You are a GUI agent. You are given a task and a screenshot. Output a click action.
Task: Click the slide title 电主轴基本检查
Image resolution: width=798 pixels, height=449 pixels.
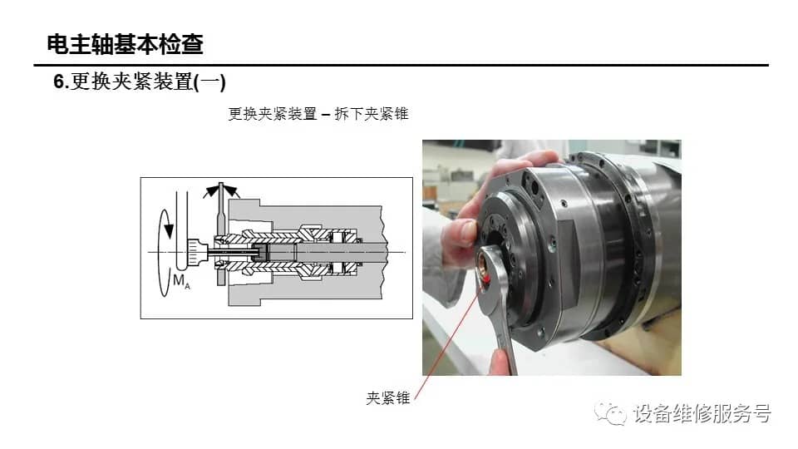pos(126,44)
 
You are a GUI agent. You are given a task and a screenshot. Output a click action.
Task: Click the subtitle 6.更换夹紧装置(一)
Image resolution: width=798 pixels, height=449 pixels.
pos(140,81)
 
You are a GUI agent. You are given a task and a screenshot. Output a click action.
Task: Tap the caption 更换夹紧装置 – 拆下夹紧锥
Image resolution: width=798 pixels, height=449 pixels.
pos(318,114)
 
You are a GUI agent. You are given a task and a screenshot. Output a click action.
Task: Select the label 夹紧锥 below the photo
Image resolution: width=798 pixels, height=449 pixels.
pos(388,397)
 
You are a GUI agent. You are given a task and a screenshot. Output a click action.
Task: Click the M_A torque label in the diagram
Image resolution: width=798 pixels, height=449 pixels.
pos(181,281)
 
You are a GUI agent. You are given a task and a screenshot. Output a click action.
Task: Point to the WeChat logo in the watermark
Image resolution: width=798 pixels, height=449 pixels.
pos(610,413)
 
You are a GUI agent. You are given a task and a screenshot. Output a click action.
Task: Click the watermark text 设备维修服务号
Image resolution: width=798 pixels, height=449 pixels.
pos(702,413)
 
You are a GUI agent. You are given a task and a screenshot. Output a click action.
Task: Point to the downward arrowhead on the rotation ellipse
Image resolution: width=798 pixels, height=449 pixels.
pos(169,231)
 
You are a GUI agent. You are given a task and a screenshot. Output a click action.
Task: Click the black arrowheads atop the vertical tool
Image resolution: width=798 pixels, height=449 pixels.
pos(221,191)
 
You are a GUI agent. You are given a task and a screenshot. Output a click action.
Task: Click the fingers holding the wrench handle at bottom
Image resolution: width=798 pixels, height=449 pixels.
pos(501,362)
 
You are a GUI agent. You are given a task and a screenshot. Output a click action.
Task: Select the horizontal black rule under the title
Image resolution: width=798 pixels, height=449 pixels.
pos(401,65)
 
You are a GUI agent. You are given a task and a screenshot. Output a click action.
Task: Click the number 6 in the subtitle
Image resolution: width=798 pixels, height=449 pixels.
pos(59,82)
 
